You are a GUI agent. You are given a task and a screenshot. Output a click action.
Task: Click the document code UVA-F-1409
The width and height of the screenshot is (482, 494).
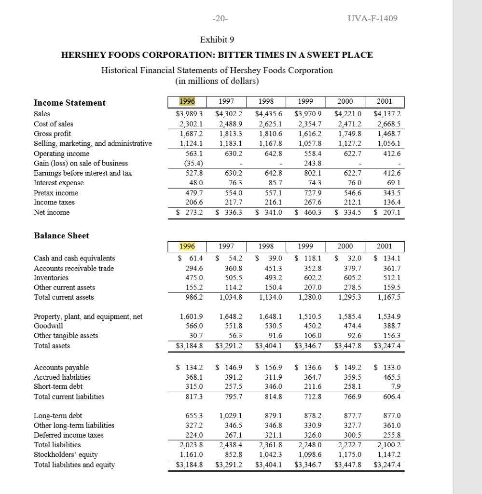point(366,19)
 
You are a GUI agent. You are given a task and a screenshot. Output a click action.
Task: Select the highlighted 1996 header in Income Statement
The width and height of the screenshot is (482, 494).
point(184,102)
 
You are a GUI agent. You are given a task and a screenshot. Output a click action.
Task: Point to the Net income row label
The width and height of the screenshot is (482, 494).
point(52,212)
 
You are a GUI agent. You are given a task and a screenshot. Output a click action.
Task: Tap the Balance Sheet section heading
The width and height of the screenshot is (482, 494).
point(61,235)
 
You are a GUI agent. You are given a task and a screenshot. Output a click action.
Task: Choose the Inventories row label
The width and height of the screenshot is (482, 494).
point(51,277)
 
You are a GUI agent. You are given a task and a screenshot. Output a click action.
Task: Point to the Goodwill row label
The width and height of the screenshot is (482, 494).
point(47,326)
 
